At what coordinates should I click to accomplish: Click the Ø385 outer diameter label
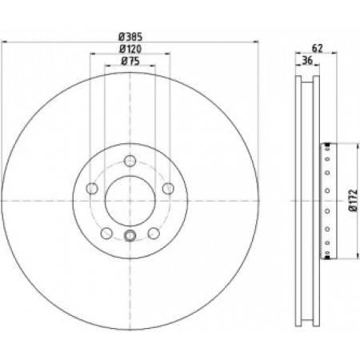click(x=130, y=37)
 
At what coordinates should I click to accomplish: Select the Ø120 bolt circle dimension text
click(x=130, y=49)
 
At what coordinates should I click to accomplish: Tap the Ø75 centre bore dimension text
click(x=130, y=62)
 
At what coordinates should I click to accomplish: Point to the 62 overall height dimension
click(x=318, y=48)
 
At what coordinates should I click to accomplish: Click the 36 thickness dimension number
click(x=307, y=61)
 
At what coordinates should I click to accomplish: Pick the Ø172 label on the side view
click(x=353, y=201)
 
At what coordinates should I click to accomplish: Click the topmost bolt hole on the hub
click(x=130, y=161)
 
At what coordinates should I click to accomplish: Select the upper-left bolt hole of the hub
click(x=92, y=189)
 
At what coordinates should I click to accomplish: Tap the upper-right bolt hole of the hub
click(x=168, y=189)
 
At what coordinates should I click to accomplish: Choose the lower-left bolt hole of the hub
click(x=106, y=234)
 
